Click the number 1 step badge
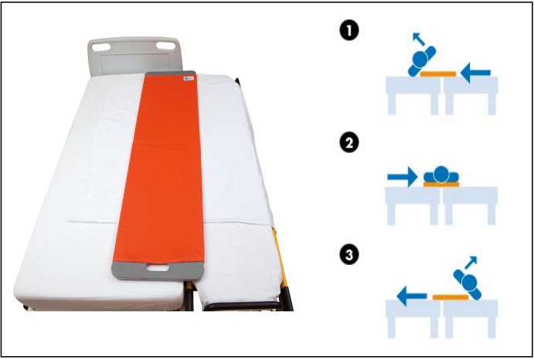tap(349, 31)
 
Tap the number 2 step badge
tap(349, 143)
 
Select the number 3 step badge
tap(349, 255)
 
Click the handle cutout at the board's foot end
tap(158, 268)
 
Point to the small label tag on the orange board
tap(189, 79)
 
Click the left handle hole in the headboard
tap(100, 46)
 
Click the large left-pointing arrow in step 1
tap(475, 73)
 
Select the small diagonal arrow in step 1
tap(419, 39)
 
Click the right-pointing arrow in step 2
tap(403, 177)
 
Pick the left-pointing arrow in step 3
tap(412, 296)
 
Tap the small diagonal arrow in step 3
tap(471, 263)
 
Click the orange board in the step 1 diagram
tap(438, 74)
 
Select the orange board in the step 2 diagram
tap(441, 185)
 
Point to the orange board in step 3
tap(451, 297)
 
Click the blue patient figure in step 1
tap(422, 60)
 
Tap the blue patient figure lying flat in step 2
tap(441, 175)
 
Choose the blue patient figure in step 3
tap(468, 284)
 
